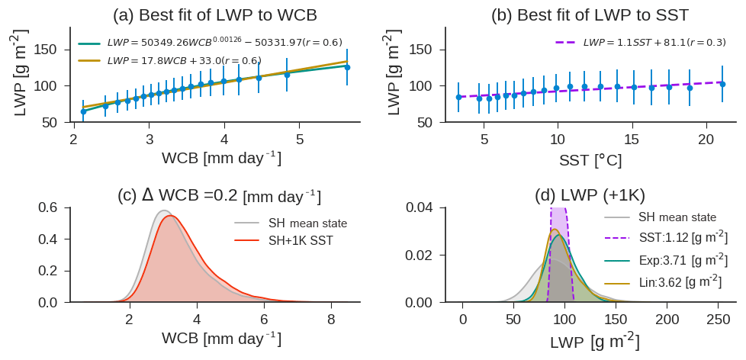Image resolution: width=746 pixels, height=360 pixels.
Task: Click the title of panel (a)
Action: (214, 15)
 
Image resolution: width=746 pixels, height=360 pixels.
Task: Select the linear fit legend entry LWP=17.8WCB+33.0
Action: (184, 60)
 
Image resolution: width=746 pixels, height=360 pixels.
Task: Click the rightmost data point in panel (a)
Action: (347, 67)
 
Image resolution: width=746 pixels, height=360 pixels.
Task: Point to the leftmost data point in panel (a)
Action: (83, 111)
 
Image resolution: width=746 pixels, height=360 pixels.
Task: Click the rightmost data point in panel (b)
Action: (722, 84)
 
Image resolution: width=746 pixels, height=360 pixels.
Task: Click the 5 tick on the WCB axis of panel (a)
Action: (300, 140)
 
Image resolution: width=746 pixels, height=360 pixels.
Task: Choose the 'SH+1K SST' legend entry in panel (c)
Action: (301, 240)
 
